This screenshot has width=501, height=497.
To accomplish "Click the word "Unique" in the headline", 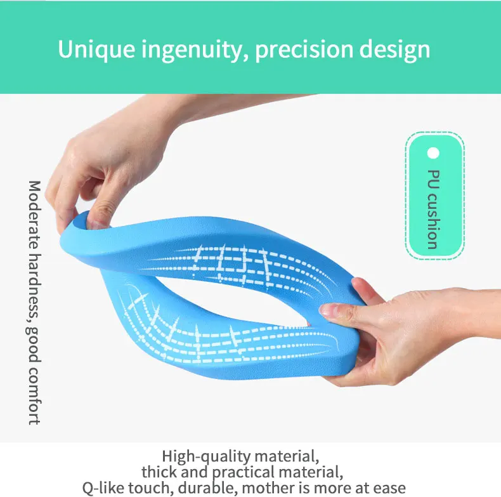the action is (x=96, y=50).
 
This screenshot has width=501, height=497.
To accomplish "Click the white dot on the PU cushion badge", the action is (x=433, y=153).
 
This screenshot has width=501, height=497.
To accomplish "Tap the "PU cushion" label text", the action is (x=434, y=209).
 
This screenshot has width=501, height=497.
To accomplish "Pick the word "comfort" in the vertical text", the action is (x=34, y=397).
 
